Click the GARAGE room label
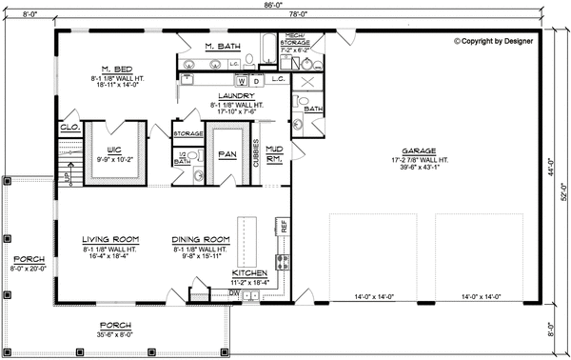coord(419,150)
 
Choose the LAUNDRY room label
coord(233,96)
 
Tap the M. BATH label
coord(223,45)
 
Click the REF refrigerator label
coord(283,226)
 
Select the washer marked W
coord(240,81)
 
